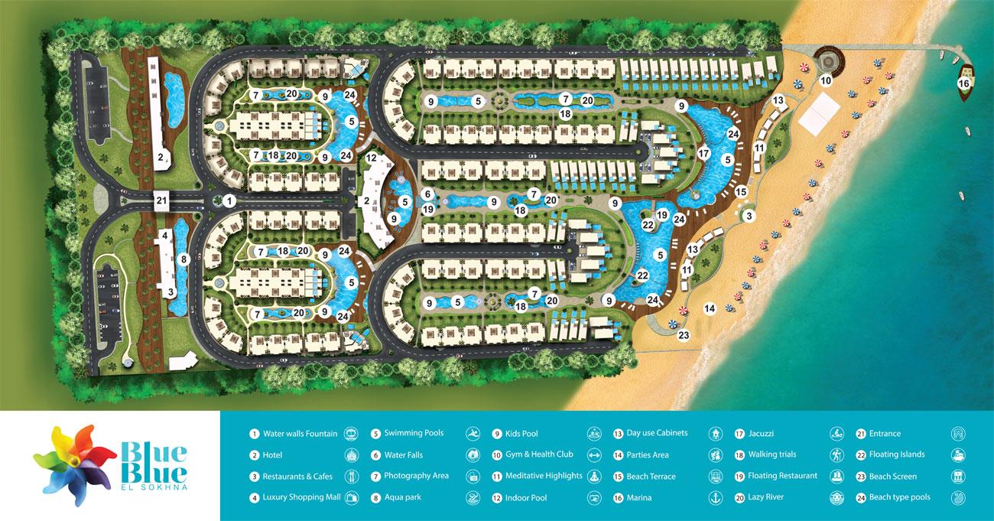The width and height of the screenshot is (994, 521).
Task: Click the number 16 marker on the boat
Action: point(963,83)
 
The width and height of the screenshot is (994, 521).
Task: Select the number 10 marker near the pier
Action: point(826,80)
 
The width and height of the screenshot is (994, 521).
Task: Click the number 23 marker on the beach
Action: point(684,334)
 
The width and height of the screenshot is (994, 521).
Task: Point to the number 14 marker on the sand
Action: point(710,308)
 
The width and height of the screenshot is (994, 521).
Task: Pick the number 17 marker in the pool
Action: point(703,154)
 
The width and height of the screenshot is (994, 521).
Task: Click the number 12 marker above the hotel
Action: point(371,158)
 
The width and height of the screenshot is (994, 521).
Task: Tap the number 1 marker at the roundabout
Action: point(229,200)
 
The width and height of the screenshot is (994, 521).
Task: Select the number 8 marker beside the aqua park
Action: point(184,259)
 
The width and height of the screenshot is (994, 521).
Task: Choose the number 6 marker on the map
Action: point(428,194)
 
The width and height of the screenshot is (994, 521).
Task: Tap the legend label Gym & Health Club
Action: point(539,454)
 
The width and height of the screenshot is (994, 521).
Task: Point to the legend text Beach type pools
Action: point(899,497)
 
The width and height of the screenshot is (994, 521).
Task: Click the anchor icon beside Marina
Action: point(716,497)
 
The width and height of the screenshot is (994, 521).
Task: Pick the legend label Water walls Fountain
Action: point(300,434)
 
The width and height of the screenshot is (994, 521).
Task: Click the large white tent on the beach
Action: point(822,114)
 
